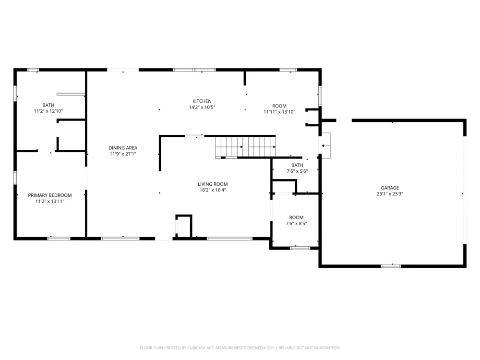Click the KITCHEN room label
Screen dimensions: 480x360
pyautogui.click(x=202, y=101)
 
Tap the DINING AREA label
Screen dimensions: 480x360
pyautogui.click(x=123, y=148)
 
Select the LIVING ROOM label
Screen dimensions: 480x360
pyautogui.click(x=213, y=184)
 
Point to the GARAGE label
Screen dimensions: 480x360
pyautogui.click(x=390, y=188)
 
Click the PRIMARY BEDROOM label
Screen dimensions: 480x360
pyautogui.click(x=50, y=195)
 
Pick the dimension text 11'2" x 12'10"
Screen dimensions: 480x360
pyautogui.click(x=48, y=111)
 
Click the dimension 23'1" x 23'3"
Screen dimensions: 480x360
pyautogui.click(x=390, y=194)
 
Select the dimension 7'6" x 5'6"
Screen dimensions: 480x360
pyautogui.click(x=297, y=171)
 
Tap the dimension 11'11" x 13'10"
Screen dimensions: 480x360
pyautogui.click(x=279, y=112)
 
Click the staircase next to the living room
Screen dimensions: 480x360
pyautogui.click(x=245, y=147)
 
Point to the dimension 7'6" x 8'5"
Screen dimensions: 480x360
pyautogui.click(x=296, y=224)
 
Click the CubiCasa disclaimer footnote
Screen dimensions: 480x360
pyautogui.click(x=240, y=348)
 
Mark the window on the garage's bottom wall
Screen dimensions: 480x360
pyautogui.click(x=391, y=266)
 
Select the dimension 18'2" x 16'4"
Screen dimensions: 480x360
pyautogui.click(x=213, y=190)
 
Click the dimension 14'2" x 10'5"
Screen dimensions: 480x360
pyautogui.click(x=202, y=107)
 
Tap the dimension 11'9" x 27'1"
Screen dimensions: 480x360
pyautogui.click(x=123, y=154)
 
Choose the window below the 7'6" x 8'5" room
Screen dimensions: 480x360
pyautogui.click(x=300, y=248)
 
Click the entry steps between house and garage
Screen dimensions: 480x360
pyautogui.click(x=325, y=145)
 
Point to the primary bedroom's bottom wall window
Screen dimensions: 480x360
pyautogui.click(x=59, y=239)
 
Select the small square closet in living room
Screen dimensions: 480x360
pyautogui.click(x=184, y=226)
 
